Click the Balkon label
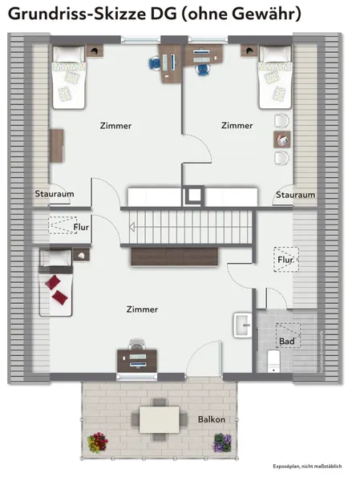212,419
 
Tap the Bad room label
286,342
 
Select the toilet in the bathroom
273,361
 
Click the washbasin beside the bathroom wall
243,325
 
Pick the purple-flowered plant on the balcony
223,443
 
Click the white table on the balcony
160,419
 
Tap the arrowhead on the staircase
131,228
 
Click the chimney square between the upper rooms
194,196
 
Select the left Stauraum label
55,194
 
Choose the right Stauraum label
295,195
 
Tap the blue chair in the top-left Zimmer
155,64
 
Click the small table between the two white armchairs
282,139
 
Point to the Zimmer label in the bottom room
142,309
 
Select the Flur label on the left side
81,228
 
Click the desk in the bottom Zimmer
137,361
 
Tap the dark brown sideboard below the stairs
174,257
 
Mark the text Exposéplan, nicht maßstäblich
307,467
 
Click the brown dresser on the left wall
57,146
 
